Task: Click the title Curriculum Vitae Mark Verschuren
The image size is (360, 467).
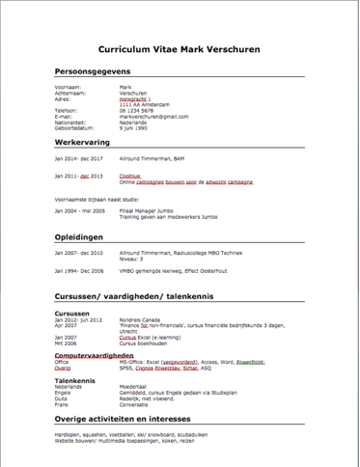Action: click(x=180, y=48)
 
